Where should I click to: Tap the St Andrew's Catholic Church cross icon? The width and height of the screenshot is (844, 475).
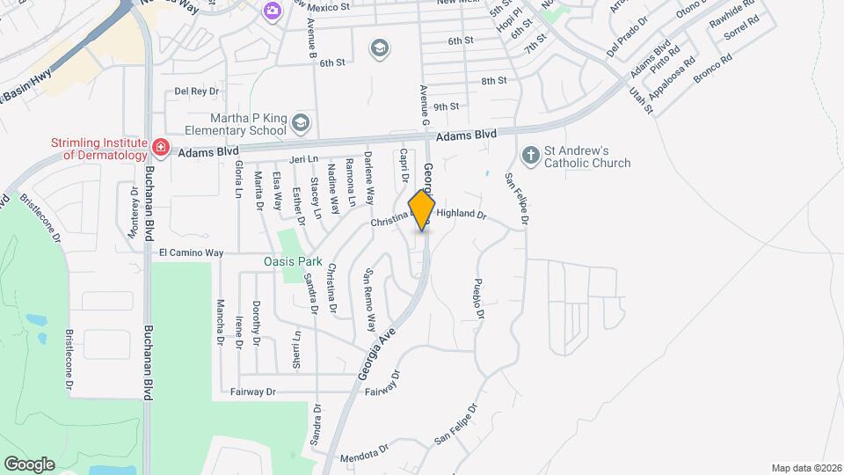coord(530,156)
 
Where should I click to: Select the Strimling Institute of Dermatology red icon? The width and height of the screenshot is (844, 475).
coord(160,146)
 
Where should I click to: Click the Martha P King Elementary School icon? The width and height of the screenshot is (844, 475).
coord(302,122)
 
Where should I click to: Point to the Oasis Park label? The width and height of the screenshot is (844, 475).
coord(294,261)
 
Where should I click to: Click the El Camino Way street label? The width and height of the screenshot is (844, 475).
coord(191,252)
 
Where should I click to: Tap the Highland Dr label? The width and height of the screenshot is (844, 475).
coord(461,214)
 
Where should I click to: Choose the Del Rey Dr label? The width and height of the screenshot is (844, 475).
coord(195,91)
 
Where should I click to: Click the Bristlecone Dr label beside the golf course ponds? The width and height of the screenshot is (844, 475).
coord(69,361)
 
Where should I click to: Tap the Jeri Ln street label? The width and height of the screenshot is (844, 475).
coord(302,159)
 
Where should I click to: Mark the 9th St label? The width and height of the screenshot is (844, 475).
coord(446,106)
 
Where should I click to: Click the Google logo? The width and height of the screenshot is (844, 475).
coord(29,464)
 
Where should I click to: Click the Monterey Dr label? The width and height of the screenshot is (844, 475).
coord(135,212)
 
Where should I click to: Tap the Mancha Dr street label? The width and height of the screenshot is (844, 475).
coord(220,320)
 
